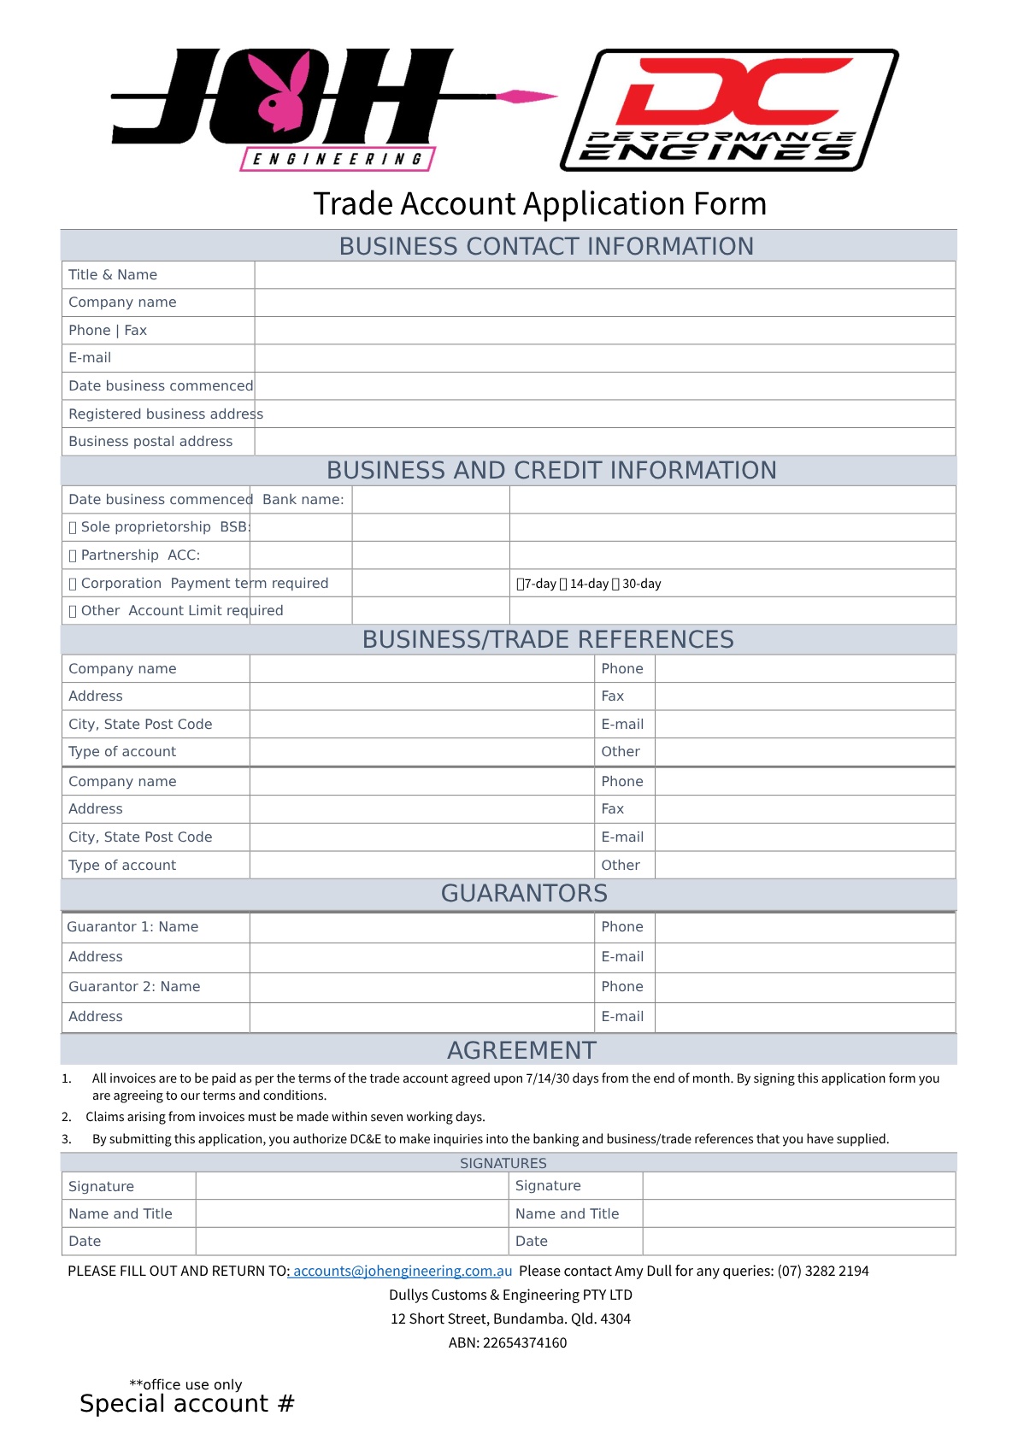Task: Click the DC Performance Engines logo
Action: (729, 109)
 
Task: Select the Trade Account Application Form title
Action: (539, 204)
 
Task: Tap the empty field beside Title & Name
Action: (604, 275)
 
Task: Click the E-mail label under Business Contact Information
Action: (90, 358)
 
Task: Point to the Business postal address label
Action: (150, 442)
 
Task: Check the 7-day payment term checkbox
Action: (520, 584)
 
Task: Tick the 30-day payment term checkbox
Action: (615, 584)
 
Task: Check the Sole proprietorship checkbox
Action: (73, 528)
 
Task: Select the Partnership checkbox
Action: (73, 556)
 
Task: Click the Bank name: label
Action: (303, 500)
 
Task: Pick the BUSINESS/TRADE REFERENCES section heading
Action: (548, 640)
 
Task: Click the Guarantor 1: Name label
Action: (132, 927)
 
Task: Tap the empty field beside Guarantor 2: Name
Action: (421, 987)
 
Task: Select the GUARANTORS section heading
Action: (524, 894)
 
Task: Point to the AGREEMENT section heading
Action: (521, 1051)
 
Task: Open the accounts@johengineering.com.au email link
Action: (402, 1272)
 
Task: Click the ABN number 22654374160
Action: (525, 1343)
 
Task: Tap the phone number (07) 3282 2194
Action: (822, 1272)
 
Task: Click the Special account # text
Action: (186, 1404)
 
